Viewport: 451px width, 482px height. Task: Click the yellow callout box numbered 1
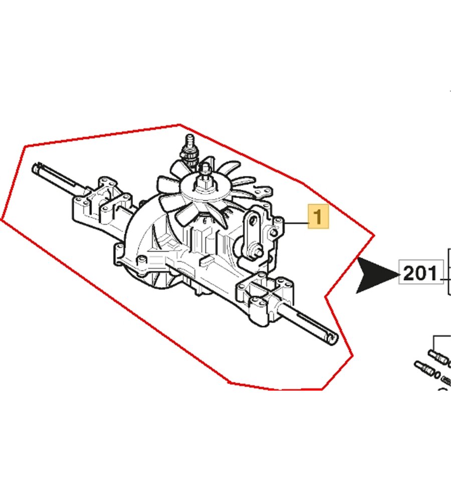pos(318,216)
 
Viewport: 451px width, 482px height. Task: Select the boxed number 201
pos(420,273)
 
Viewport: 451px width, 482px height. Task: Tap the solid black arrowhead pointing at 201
pos(377,275)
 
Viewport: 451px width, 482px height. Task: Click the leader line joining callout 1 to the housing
pos(296,223)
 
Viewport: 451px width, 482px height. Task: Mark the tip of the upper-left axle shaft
pos(35,167)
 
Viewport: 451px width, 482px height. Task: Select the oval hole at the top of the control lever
pos(254,220)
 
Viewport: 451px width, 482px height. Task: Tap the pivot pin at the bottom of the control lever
pos(258,250)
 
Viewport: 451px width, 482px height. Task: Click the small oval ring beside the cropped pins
pos(436,375)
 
